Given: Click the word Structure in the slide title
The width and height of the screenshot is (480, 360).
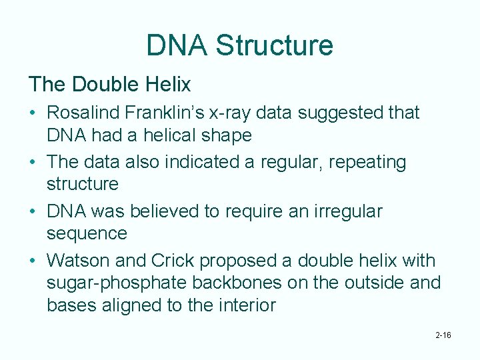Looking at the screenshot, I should click(274, 45).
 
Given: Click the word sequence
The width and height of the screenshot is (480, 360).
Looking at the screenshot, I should click(87, 234).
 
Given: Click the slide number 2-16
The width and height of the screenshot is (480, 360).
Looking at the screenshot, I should click(443, 335).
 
